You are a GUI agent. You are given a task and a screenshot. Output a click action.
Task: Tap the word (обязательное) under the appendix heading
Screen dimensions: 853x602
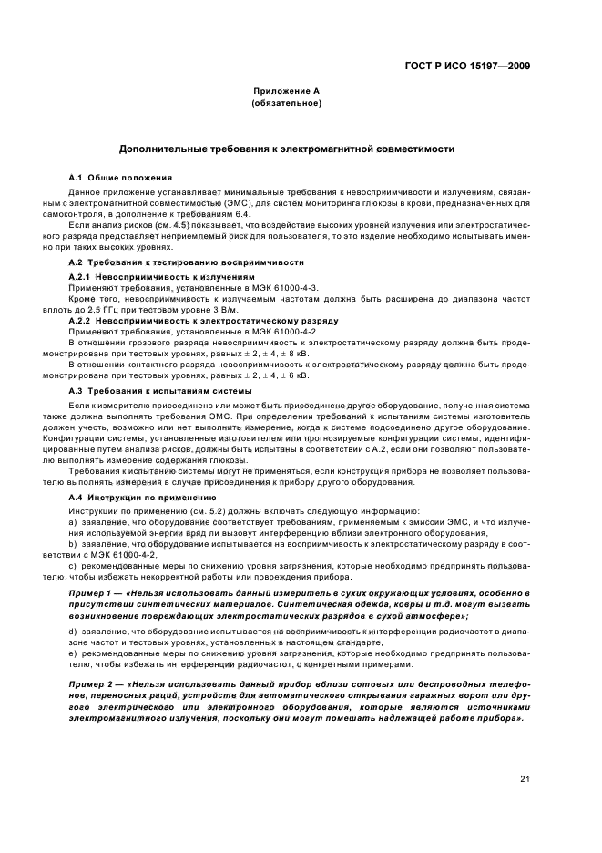click(287, 103)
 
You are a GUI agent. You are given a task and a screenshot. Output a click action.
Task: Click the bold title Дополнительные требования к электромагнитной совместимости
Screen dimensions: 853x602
click(287, 148)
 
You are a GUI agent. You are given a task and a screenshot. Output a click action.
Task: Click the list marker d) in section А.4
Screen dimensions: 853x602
click(73, 631)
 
